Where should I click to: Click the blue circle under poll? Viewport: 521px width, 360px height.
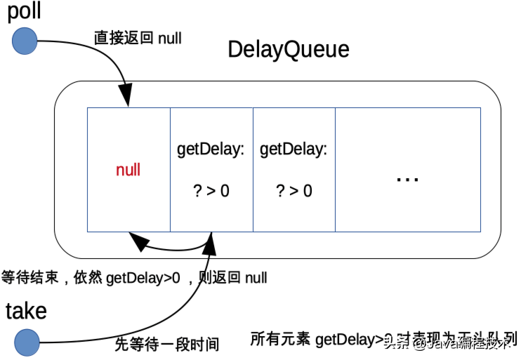click(x=25, y=41)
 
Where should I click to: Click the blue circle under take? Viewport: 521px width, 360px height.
click(x=26, y=342)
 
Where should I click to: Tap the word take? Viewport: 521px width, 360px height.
click(x=26, y=311)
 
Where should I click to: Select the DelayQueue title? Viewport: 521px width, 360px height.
click(x=288, y=50)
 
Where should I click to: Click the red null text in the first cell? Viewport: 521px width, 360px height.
click(x=128, y=170)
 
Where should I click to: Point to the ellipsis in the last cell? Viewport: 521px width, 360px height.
click(x=407, y=179)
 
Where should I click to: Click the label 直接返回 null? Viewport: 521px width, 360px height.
click(x=138, y=38)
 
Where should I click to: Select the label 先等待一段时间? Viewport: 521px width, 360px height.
click(x=167, y=344)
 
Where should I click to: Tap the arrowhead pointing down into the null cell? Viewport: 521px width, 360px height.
click(x=128, y=99)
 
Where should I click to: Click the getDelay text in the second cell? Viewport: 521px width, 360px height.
click(x=210, y=149)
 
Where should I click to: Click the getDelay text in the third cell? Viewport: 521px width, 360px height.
click(x=293, y=149)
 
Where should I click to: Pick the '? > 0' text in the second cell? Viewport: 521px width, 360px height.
click(x=211, y=190)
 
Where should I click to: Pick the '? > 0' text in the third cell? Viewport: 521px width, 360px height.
click(x=294, y=190)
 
